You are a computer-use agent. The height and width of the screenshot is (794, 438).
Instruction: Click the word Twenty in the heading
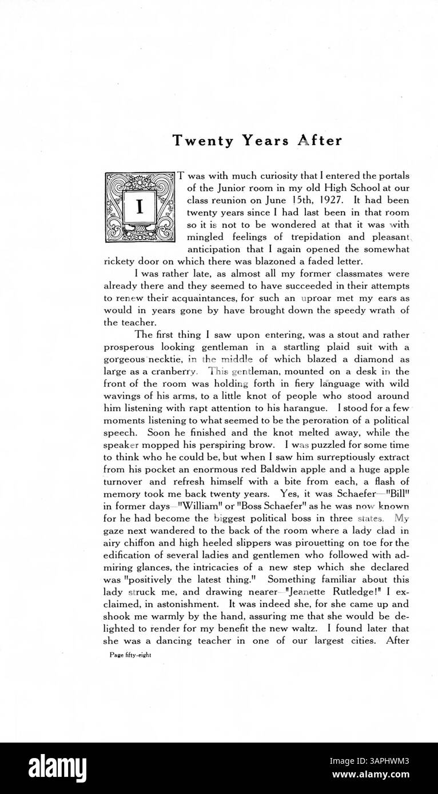click(x=195, y=141)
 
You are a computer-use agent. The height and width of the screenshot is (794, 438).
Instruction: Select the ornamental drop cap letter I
click(x=140, y=206)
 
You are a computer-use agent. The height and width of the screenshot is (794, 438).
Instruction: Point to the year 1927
click(x=326, y=201)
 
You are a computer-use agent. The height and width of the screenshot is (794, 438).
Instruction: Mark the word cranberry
click(x=173, y=371)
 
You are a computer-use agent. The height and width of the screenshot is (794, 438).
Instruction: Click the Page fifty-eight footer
click(x=130, y=656)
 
